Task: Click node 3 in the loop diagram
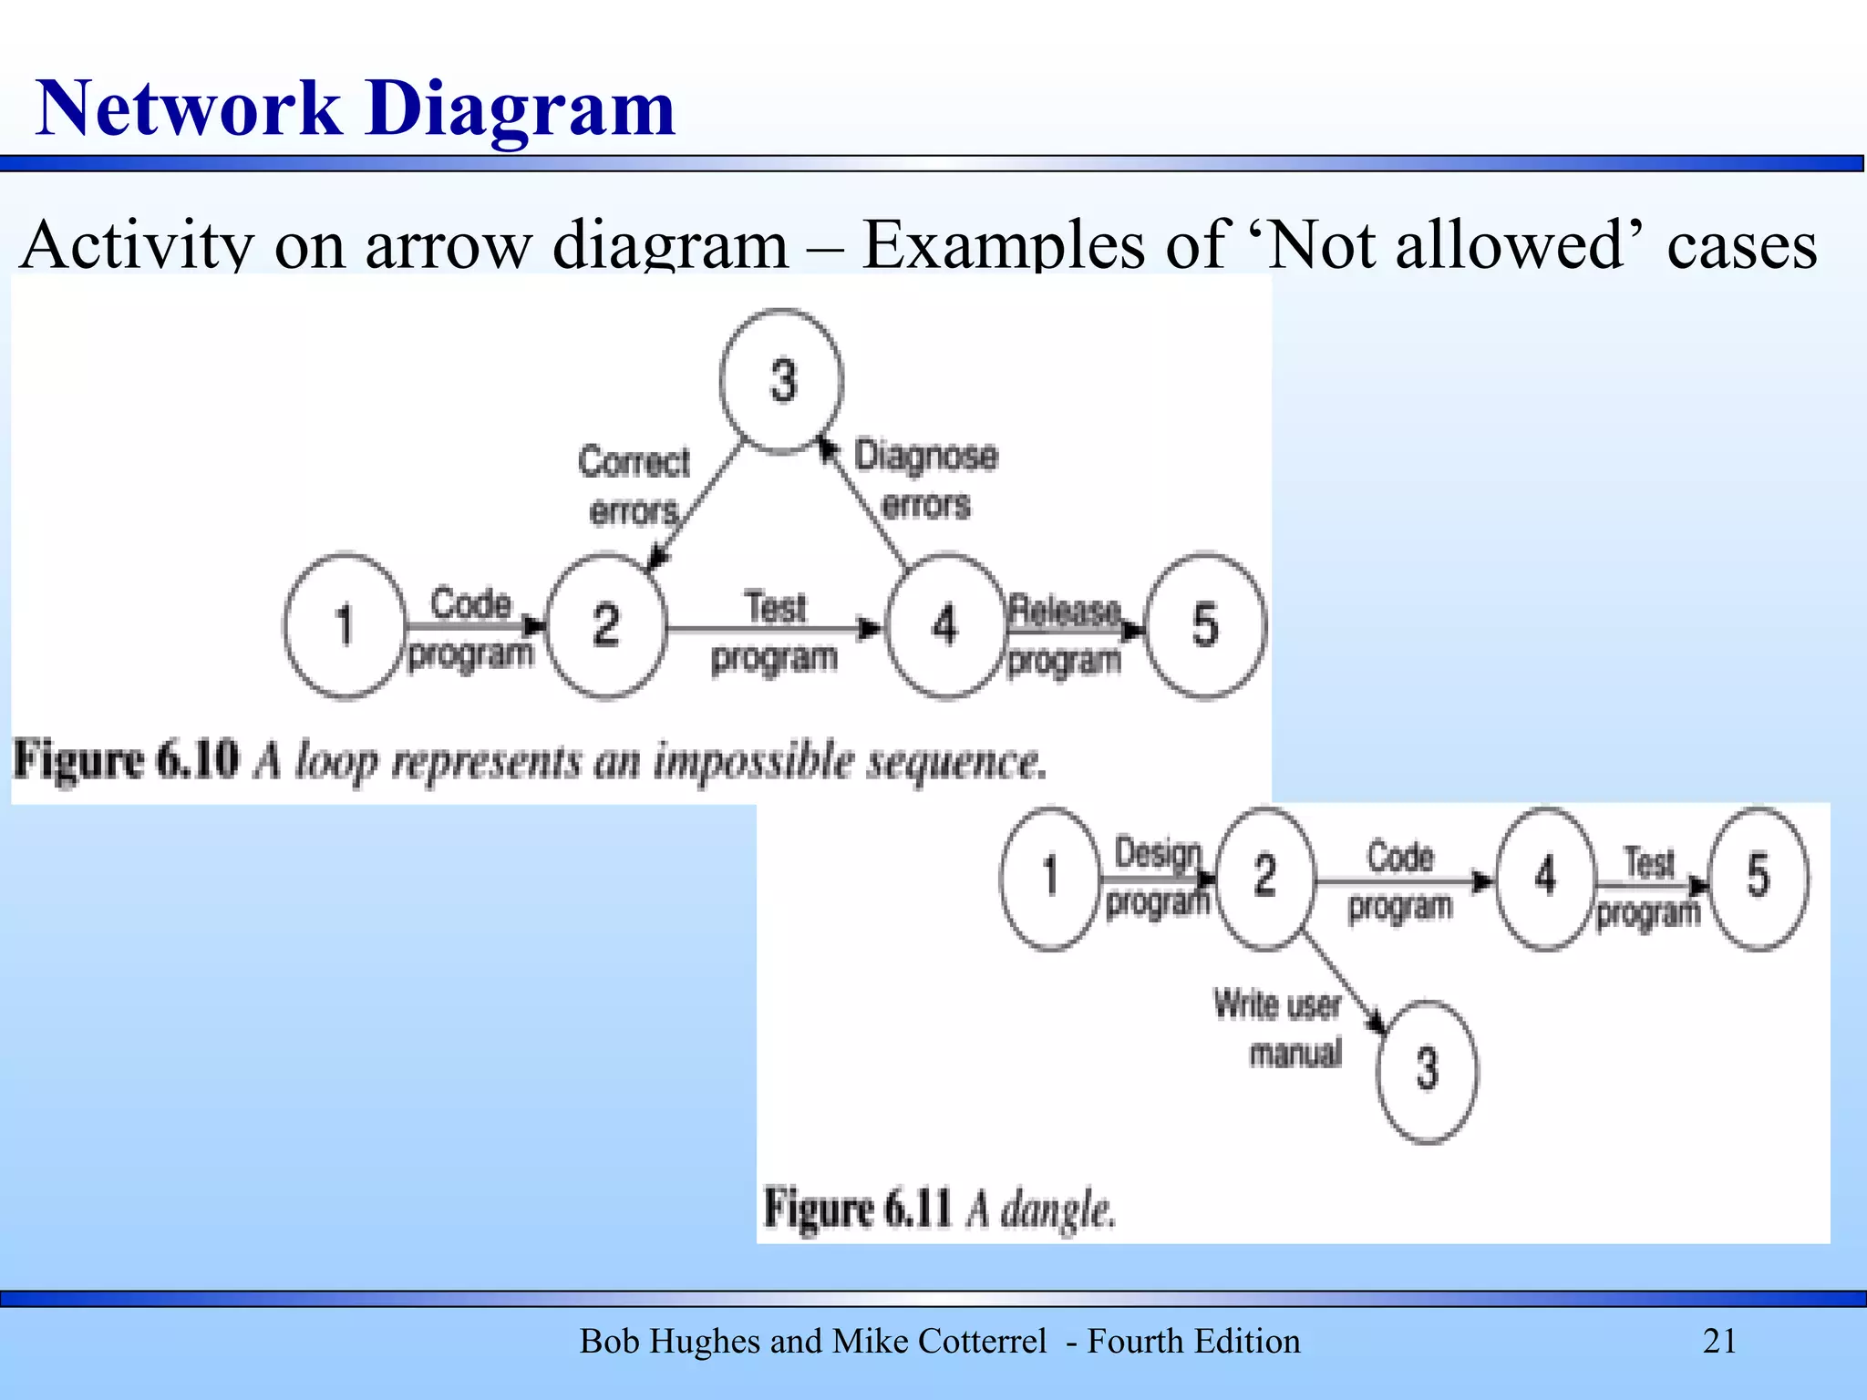[781, 381]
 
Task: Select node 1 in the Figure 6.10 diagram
[344, 626]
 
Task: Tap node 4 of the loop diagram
[945, 626]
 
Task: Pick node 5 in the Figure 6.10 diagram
[1205, 626]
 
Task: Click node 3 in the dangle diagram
[1427, 1071]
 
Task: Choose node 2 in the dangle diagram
[1265, 878]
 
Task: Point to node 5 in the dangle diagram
[1758, 878]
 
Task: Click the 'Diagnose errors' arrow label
[925, 479]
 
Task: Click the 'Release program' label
[1064, 635]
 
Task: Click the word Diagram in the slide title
[521, 108]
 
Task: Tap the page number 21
[1719, 1342]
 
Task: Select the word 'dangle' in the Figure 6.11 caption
[1057, 1210]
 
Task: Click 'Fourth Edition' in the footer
[1193, 1342]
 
